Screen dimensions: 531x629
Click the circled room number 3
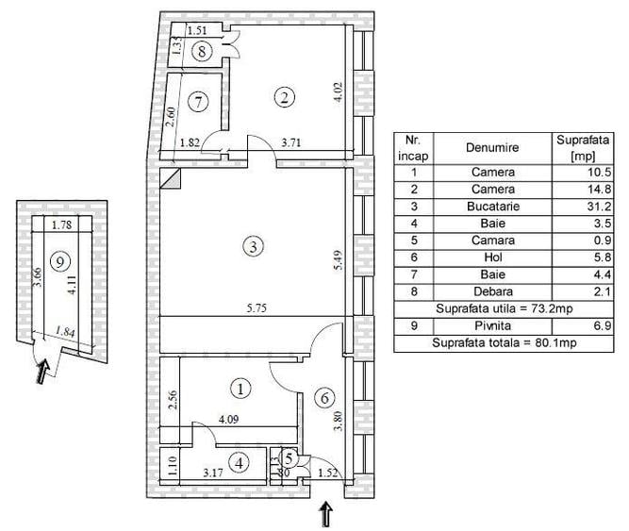[251, 247]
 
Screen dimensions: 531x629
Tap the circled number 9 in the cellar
[58, 261]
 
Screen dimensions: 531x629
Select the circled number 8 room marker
[201, 52]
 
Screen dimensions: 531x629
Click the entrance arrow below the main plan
[326, 514]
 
